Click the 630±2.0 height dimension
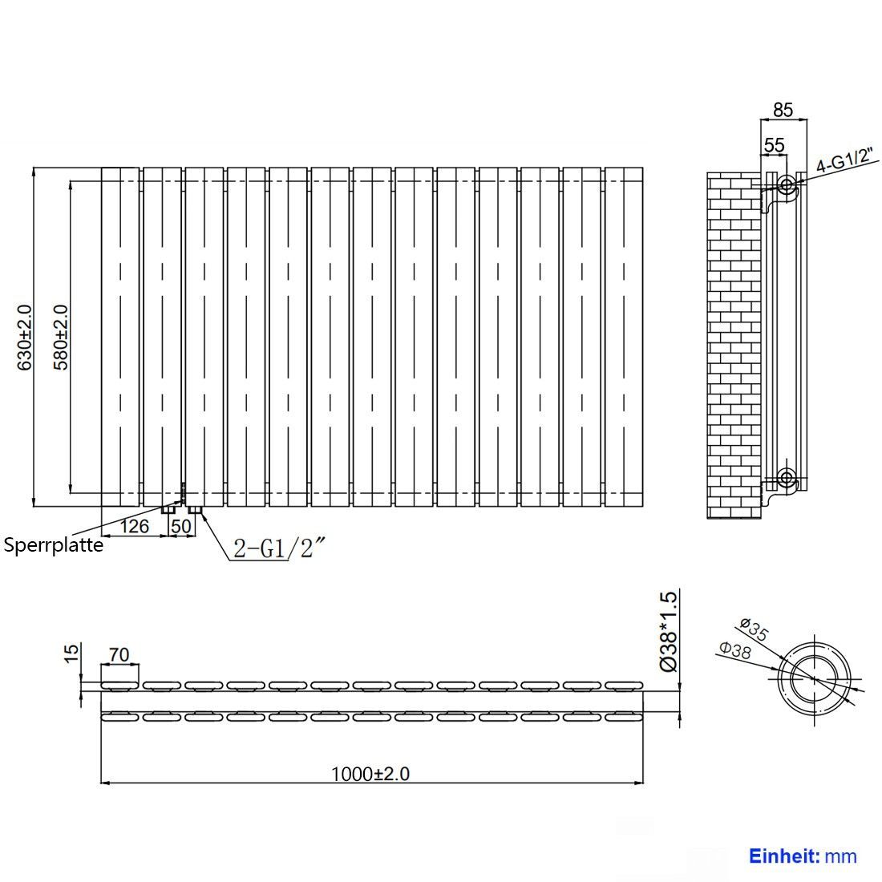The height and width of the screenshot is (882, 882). [24, 338]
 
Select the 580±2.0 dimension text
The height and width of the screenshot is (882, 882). [60, 338]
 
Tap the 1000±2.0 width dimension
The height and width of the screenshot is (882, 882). [370, 774]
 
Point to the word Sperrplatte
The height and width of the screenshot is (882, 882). [54, 545]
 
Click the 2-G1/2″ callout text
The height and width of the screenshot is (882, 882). [280, 548]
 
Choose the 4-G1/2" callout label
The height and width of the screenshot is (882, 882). [846, 160]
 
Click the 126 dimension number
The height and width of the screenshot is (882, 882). [135, 527]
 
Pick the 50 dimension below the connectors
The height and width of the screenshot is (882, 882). [181, 527]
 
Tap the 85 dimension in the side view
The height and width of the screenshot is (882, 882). [783, 110]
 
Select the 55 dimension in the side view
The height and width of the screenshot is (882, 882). [774, 145]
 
